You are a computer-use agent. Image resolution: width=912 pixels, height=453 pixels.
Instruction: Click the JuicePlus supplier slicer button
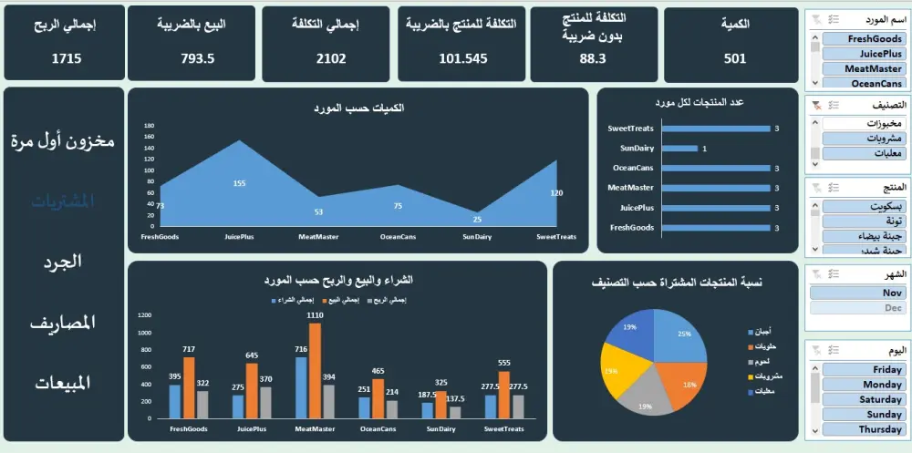pyautogui.click(x=861, y=54)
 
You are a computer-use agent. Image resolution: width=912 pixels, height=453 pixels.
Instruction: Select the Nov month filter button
pyautogui.click(x=861, y=293)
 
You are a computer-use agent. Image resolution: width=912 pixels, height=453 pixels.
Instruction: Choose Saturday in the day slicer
pyautogui.click(x=861, y=399)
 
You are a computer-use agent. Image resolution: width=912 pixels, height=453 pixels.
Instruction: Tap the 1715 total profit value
pyautogui.click(x=65, y=58)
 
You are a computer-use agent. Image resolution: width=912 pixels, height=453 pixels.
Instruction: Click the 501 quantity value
pyautogui.click(x=735, y=58)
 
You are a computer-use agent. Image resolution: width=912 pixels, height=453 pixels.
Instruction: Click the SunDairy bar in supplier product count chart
pyautogui.click(x=679, y=149)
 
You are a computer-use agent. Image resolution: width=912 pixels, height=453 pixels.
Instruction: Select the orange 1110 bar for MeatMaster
pyautogui.click(x=315, y=370)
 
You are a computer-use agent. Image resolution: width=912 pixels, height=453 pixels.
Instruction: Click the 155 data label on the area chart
pyautogui.click(x=239, y=184)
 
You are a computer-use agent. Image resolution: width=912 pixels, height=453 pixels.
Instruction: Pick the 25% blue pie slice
pyautogui.click(x=679, y=337)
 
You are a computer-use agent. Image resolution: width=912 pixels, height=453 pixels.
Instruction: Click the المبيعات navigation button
pyautogui.click(x=64, y=383)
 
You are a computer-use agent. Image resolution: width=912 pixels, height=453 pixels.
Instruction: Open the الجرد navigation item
pyautogui.click(x=64, y=262)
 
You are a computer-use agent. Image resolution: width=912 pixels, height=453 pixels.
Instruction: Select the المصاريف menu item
pyautogui.click(x=64, y=323)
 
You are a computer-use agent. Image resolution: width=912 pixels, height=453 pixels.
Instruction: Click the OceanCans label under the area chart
pyautogui.click(x=398, y=237)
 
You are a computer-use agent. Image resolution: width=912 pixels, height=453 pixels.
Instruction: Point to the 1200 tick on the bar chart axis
pyautogui.click(x=143, y=314)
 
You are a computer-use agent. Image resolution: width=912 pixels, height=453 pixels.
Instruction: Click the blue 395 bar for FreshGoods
pyautogui.click(x=175, y=401)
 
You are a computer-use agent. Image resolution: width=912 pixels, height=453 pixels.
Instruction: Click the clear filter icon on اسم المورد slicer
pyautogui.click(x=814, y=19)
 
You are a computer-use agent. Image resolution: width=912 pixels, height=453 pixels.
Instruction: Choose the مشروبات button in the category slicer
pyautogui.click(x=861, y=139)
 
